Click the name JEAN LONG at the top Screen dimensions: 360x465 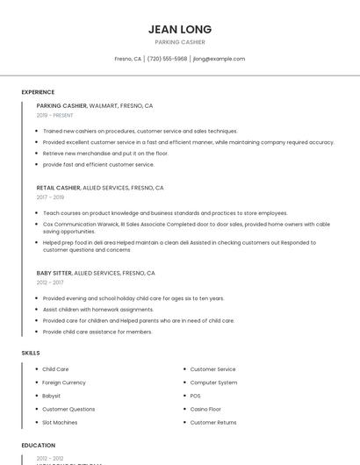[x=180, y=29]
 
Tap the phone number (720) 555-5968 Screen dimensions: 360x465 [x=167, y=59]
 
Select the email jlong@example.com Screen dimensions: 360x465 [x=219, y=59]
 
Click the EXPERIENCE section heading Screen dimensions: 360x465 [x=38, y=92]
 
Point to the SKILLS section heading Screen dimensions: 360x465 [x=31, y=353]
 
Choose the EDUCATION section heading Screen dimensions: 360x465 [x=39, y=446]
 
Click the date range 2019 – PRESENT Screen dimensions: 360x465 [x=55, y=115]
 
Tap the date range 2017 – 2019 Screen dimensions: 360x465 [x=50, y=197]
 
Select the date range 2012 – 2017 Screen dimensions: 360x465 [x=50, y=283]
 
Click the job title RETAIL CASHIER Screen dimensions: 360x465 [x=59, y=188]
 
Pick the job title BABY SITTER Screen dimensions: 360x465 [x=54, y=273]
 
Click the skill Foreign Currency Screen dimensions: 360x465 [x=64, y=383]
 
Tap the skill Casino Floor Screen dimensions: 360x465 [x=205, y=409]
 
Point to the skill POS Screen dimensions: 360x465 [x=195, y=396]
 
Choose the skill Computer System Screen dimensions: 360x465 [x=213, y=383]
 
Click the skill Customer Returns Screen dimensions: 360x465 [x=213, y=422]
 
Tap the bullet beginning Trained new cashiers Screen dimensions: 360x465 [x=140, y=131]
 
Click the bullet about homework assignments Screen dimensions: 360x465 [x=97, y=310]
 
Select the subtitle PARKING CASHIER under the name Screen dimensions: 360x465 [x=180, y=42]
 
